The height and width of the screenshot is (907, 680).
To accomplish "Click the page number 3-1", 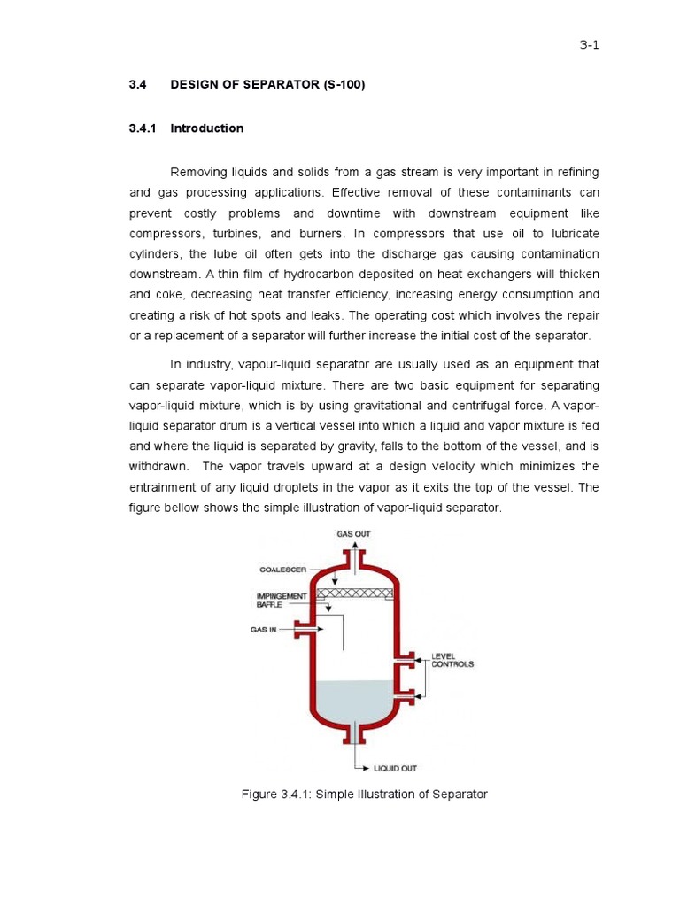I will point(589,47).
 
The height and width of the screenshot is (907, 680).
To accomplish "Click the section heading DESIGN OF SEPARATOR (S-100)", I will point(267,85).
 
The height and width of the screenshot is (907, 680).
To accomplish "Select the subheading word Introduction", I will point(206,128).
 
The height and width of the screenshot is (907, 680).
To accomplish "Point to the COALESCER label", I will point(283,570).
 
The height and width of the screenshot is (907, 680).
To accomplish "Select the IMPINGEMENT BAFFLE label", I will point(281,600).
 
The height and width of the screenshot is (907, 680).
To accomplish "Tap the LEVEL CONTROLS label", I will point(452,660).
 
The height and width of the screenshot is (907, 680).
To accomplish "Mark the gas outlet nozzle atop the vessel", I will point(355,559).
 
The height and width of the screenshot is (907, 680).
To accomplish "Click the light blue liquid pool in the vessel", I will point(354,700).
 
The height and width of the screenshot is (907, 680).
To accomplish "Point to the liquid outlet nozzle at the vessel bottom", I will point(355,733).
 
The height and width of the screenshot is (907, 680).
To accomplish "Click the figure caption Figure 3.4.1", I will point(364,795).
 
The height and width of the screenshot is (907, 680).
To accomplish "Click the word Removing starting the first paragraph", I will point(199,171).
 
